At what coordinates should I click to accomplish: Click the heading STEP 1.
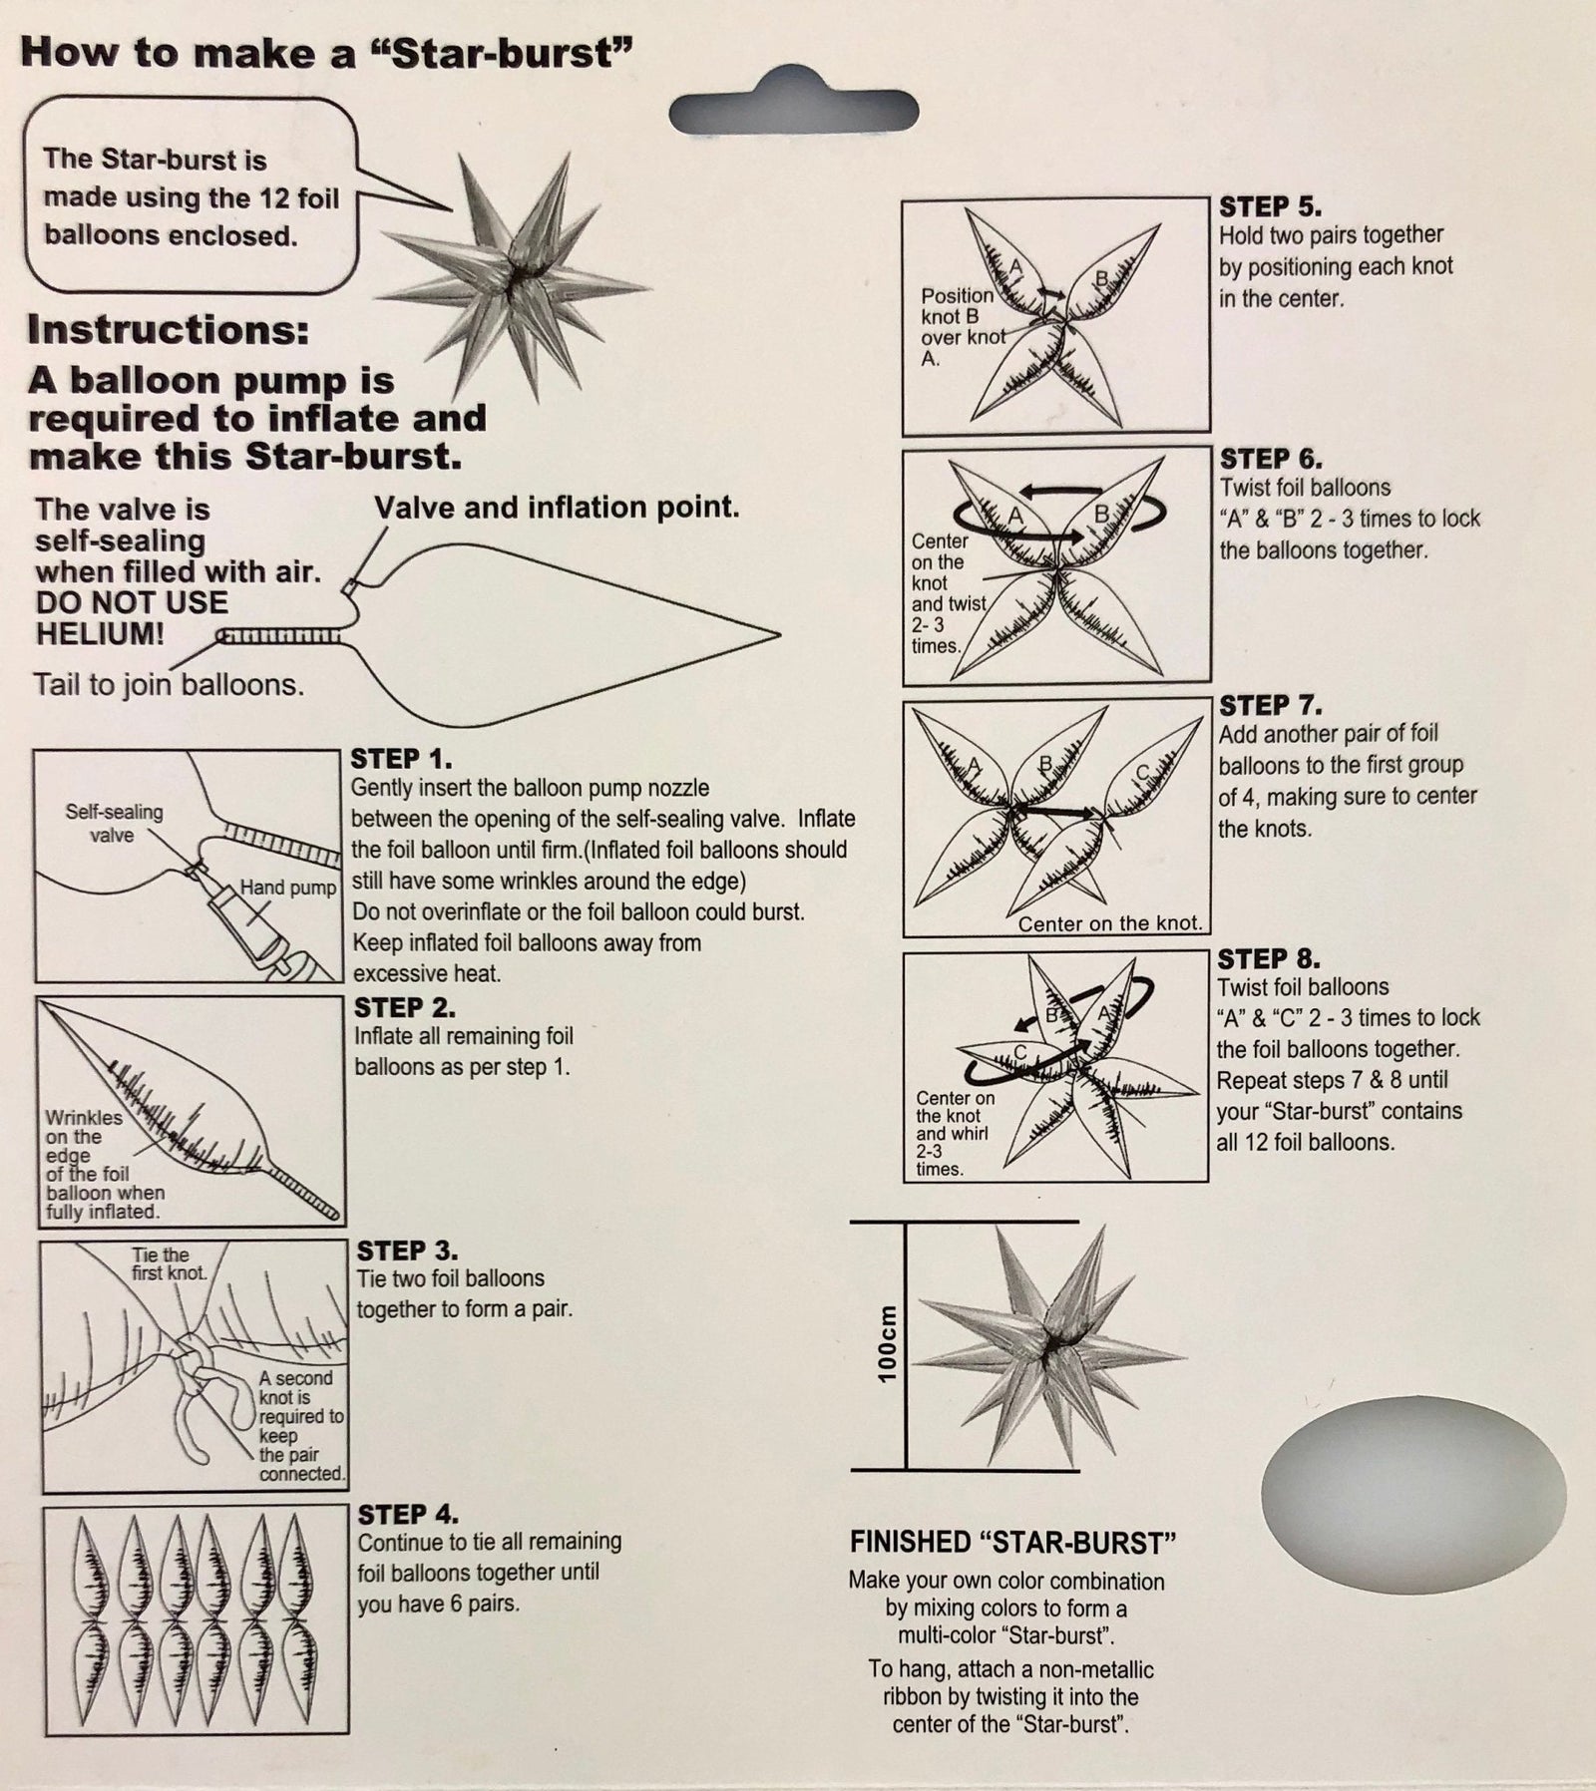point(403,758)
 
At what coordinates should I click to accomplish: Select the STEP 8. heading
point(1269,959)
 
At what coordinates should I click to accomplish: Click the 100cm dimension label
point(887,1343)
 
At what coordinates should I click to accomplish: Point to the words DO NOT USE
point(132,602)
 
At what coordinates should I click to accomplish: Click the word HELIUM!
point(100,634)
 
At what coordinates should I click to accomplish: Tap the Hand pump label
point(287,888)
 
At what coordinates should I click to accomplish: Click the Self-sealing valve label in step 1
point(114,824)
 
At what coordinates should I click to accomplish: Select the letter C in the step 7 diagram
point(1143,771)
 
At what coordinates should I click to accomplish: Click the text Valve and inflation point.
point(558,508)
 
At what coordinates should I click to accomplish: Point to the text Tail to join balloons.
point(169,685)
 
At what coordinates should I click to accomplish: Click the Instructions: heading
point(169,330)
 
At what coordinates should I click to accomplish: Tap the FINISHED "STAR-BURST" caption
point(1013,1544)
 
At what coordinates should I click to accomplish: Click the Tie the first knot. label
point(170,1264)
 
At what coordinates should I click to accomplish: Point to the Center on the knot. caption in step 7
point(1110,923)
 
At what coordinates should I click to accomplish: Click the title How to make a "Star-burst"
point(328,52)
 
